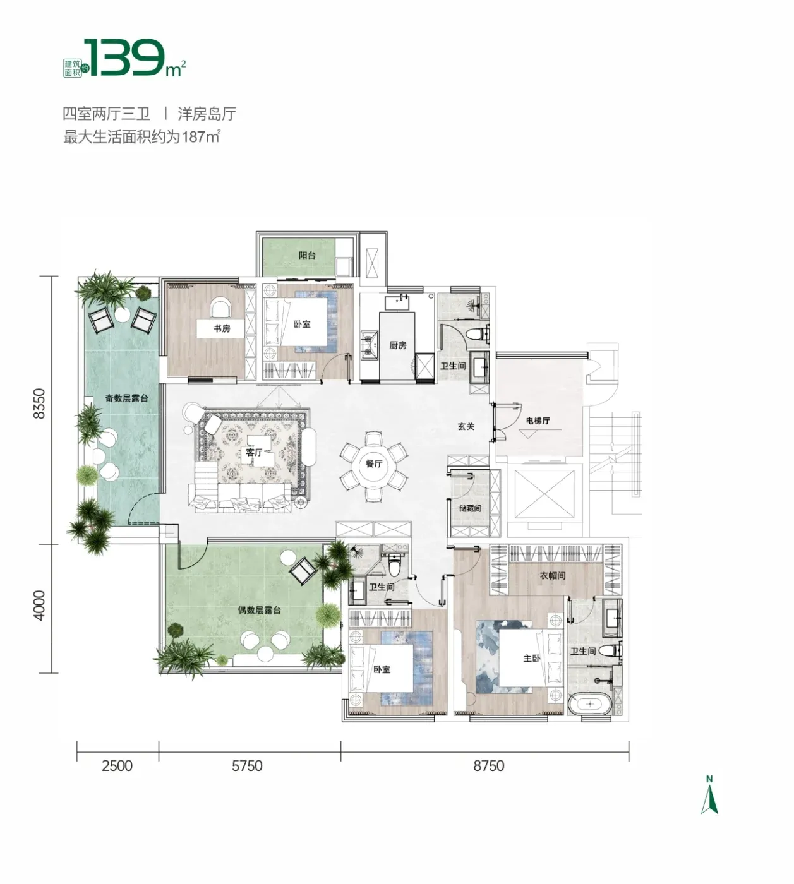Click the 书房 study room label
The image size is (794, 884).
click(222, 328)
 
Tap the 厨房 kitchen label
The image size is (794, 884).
click(398, 345)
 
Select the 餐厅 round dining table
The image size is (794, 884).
click(374, 464)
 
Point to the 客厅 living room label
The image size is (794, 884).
click(254, 453)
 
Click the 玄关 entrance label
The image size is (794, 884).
click(466, 426)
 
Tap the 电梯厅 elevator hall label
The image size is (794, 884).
click(538, 421)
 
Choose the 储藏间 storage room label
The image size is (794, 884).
click(470, 508)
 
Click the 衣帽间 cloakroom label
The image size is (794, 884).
click(553, 575)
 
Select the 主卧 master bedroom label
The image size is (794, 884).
click(532, 658)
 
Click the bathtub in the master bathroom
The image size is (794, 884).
click(590, 704)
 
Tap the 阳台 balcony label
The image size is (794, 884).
click(307, 255)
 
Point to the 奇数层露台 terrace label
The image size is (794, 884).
click(126, 398)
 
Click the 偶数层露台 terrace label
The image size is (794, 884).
click(259, 610)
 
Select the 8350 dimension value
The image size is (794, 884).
click(39, 403)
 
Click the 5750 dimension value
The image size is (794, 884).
click(247, 766)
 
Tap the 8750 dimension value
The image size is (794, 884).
click(489, 766)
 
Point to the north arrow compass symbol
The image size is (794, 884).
click(709, 797)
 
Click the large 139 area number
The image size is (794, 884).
click(124, 57)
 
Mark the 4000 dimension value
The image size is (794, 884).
click(39, 605)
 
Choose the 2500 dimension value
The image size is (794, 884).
click(117, 766)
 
